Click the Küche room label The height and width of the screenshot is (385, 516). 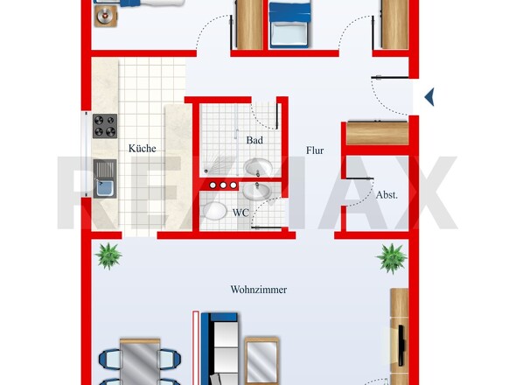[143, 149]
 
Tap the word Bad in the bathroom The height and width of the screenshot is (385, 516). [255, 140]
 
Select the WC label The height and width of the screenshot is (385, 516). [241, 213]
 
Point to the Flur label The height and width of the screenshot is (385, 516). [315, 150]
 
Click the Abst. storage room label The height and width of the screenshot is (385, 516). [387, 195]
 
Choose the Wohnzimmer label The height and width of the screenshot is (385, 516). [258, 290]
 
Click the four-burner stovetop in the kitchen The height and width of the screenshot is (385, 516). [105, 126]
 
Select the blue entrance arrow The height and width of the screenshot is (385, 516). [429, 97]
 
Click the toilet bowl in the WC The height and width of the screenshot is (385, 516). [215, 211]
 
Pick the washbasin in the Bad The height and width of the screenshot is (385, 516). [257, 168]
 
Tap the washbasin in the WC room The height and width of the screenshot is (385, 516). [256, 192]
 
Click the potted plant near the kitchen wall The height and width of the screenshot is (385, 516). [108, 255]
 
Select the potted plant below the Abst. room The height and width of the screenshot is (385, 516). [392, 258]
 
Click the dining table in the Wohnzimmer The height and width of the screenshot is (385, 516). [140, 361]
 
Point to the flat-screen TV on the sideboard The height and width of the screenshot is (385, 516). [401, 346]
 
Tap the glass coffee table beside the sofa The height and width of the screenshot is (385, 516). [262, 361]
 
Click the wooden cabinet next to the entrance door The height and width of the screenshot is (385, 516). [378, 133]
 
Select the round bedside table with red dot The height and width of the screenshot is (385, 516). [105, 16]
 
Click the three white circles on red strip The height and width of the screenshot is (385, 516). [223, 185]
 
